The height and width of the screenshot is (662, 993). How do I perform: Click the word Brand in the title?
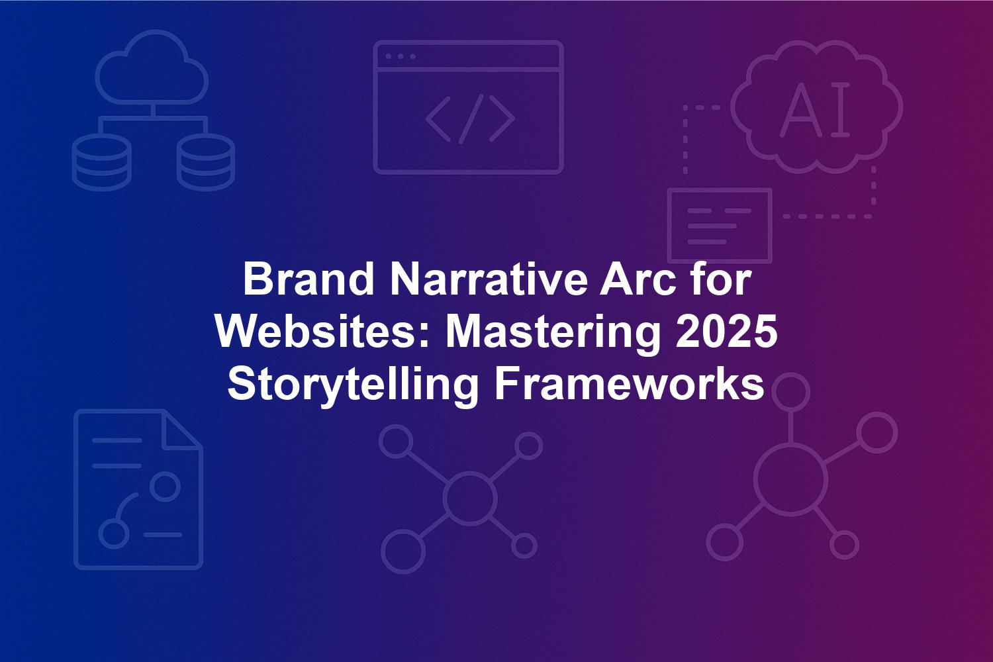tap(308, 279)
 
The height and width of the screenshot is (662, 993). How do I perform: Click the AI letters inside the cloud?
tap(815, 109)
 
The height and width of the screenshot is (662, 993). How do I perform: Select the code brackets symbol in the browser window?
tap(470, 119)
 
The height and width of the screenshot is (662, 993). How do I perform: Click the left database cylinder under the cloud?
tap(102, 162)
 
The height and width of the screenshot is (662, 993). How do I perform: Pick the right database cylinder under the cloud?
tap(206, 162)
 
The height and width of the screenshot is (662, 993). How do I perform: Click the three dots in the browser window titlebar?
tap(401, 56)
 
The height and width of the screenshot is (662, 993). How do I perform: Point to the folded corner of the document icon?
tap(183, 430)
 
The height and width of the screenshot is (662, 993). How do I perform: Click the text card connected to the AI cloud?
tap(720, 225)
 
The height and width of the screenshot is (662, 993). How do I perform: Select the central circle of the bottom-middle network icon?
tap(469, 498)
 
